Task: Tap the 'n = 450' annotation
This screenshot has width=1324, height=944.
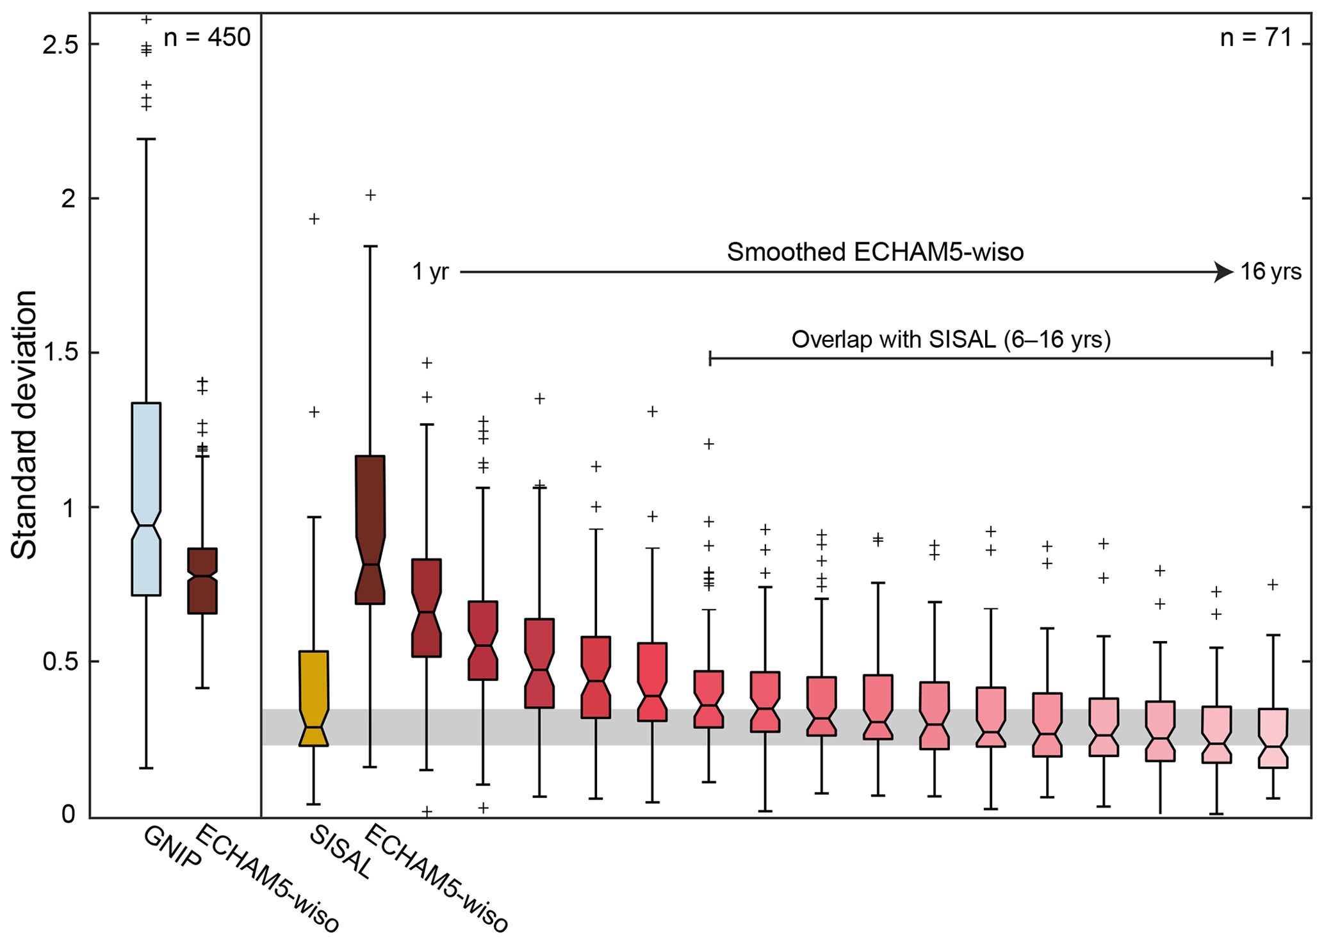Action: pyautogui.click(x=207, y=38)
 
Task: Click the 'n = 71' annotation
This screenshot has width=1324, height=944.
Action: pyautogui.click(x=1256, y=38)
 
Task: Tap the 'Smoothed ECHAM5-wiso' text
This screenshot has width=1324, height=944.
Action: pyautogui.click(x=875, y=252)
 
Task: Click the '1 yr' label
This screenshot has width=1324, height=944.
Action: pyautogui.click(x=430, y=272)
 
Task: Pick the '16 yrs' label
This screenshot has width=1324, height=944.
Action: pyautogui.click(x=1271, y=272)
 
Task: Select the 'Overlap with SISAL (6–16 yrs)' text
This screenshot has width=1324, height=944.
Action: pyautogui.click(x=951, y=339)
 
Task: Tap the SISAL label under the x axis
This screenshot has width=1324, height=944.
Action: pyautogui.click(x=339, y=852)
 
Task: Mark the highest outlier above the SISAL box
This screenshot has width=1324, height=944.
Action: pyautogui.click(x=314, y=219)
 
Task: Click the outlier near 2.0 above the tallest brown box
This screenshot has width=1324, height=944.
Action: pyautogui.click(x=370, y=195)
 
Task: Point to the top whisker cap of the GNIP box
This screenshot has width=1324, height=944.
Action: pyautogui.click(x=146, y=139)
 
